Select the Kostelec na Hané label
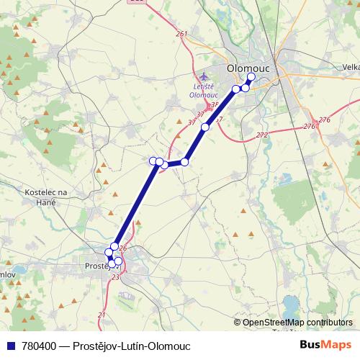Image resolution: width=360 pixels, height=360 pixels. click(46, 198)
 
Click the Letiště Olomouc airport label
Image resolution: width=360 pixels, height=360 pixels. click(203, 89)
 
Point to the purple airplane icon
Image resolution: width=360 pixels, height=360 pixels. click(204, 76)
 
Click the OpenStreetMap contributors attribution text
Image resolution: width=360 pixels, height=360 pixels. click(297, 323)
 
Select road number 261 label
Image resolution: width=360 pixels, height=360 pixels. click(181, 34)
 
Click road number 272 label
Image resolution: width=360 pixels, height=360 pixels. click(261, 135)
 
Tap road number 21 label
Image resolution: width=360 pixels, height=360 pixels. click(102, 315)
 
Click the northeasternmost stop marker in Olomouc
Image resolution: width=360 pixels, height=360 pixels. click(251, 77)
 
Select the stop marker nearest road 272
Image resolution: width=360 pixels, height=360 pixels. click(205, 127)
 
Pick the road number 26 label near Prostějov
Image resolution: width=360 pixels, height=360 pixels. click(122, 248)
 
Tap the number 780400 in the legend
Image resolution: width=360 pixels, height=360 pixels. click(40, 346)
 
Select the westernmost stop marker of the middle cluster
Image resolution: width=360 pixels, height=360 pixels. click(153, 161)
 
